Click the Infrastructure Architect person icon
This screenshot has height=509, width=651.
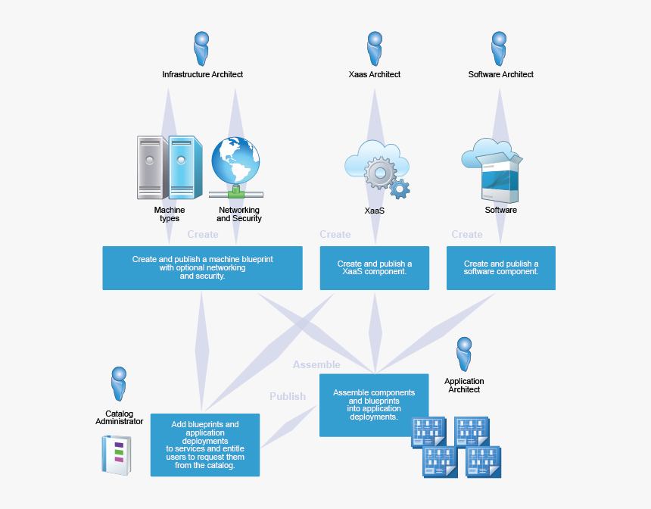pyautogui.click(x=201, y=48)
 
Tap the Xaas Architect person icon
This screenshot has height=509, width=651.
pyautogui.click(x=375, y=48)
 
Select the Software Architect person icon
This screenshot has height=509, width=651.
pyautogui.click(x=499, y=48)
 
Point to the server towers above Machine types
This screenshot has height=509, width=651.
pyautogui.click(x=170, y=167)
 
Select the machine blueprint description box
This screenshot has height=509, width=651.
pyautogui.click(x=202, y=267)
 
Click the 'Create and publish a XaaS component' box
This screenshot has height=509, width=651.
pyautogui.click(x=374, y=267)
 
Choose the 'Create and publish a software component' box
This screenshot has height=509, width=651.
pyautogui.click(x=500, y=267)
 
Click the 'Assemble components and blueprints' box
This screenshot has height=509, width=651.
pyautogui.click(x=374, y=404)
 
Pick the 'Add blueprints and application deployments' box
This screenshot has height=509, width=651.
pyautogui.click(x=204, y=445)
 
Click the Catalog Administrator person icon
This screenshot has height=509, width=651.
pyautogui.click(x=119, y=384)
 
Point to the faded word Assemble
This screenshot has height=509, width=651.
pyautogui.click(x=316, y=365)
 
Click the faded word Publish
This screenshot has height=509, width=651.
pyautogui.click(x=288, y=396)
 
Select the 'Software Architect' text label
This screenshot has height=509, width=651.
pyautogui.click(x=500, y=74)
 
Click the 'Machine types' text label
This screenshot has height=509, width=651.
pyautogui.click(x=169, y=214)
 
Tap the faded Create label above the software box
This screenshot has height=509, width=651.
pyautogui.click(x=467, y=235)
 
